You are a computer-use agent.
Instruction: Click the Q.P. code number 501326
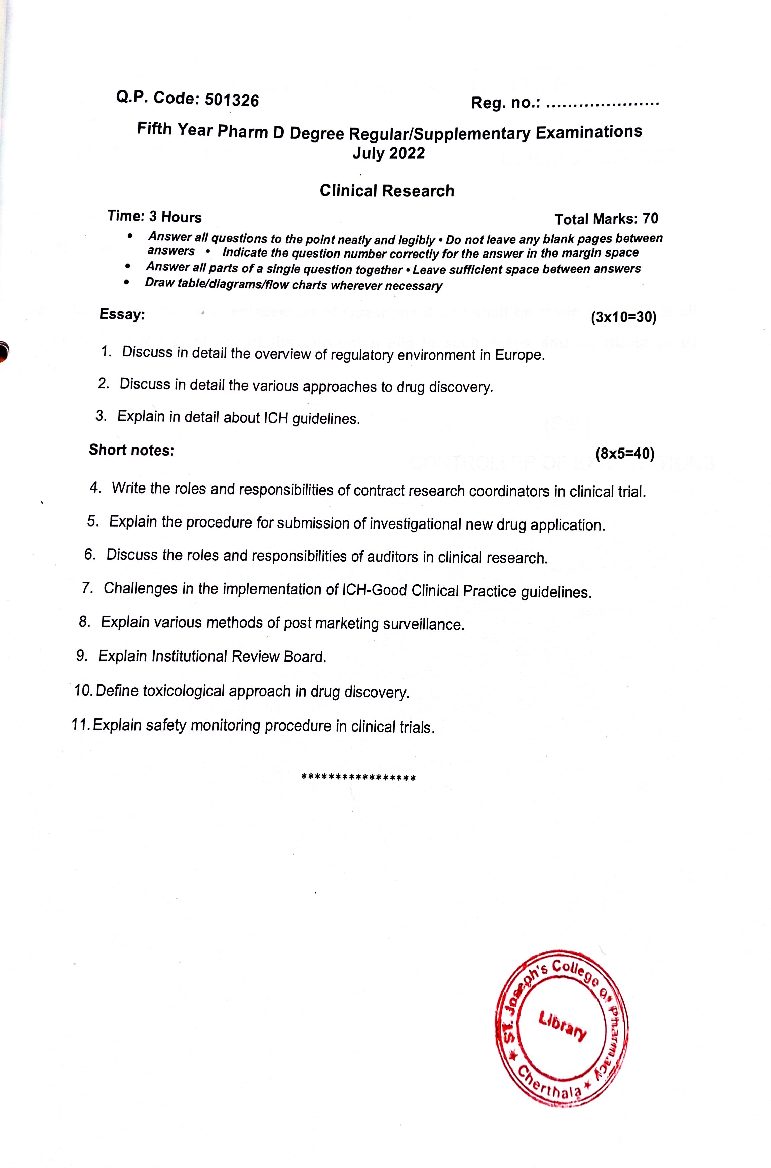click(x=231, y=100)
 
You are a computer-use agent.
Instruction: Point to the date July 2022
click(x=388, y=153)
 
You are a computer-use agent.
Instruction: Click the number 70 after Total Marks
click(x=650, y=219)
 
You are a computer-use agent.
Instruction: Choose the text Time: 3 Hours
click(x=154, y=217)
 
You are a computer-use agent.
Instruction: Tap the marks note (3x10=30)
click(x=623, y=318)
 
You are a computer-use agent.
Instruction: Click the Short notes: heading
click(x=131, y=450)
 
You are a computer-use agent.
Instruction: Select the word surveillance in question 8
click(x=423, y=624)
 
